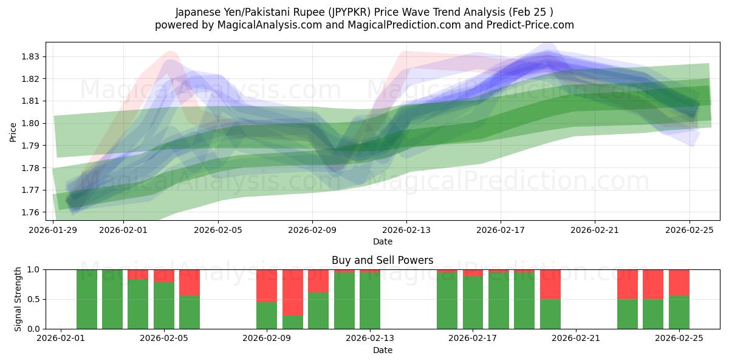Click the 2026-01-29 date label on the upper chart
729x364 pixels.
point(53,231)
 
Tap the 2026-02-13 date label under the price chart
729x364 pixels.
point(406,231)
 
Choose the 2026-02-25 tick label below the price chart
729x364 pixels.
point(689,231)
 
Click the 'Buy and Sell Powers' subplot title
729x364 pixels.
point(382,260)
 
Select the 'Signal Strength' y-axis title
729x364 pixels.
point(18,298)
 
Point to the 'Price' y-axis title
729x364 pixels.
point(13,131)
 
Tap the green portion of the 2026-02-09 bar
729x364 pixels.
point(267,315)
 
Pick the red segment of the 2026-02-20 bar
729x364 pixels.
point(550,284)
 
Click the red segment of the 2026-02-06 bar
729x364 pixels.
point(190,282)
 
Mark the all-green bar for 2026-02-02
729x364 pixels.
point(87,299)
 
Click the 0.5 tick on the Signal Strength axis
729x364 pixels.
point(34,299)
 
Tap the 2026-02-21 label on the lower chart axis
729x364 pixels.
point(575,339)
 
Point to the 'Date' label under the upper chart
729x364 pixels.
point(382,241)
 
